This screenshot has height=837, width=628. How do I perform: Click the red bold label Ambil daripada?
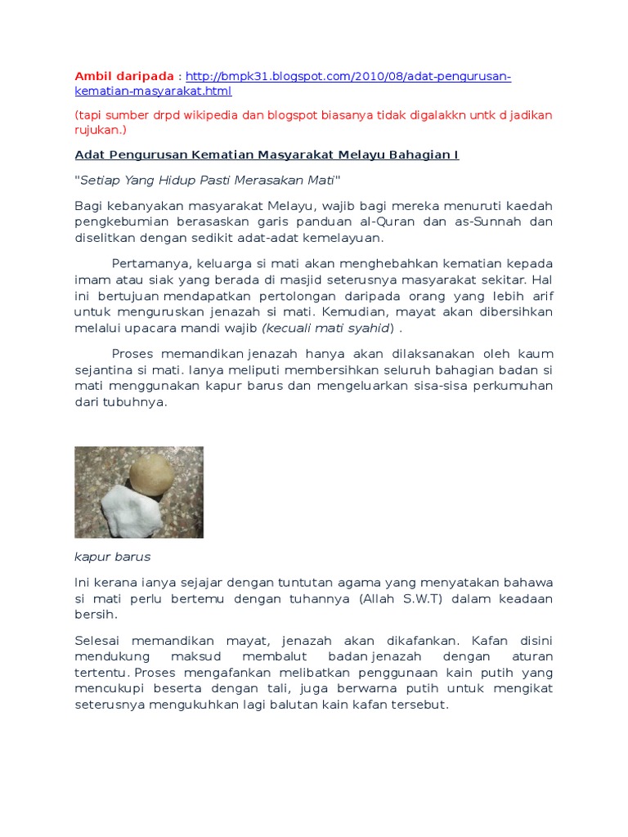[124, 76]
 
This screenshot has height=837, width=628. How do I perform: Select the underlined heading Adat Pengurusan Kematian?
[267, 154]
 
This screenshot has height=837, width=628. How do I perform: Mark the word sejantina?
[104, 369]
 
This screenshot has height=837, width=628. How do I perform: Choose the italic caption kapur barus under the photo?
[113, 557]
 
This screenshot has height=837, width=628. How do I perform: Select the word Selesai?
[99, 640]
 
